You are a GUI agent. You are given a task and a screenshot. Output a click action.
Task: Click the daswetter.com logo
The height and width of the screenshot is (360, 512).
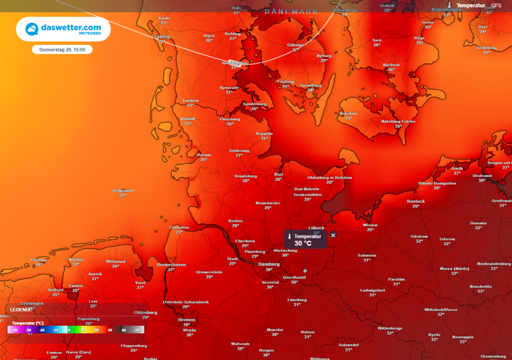click(x=63, y=29)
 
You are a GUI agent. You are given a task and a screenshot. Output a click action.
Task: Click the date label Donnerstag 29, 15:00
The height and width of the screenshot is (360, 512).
click(x=62, y=49)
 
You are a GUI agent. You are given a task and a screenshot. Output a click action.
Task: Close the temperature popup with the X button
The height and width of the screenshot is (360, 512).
click(x=333, y=235)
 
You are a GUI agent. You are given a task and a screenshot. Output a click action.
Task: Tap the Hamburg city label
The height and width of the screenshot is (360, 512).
click(x=268, y=264)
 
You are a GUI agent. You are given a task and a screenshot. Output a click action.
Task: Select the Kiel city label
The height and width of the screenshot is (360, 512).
click(x=278, y=174)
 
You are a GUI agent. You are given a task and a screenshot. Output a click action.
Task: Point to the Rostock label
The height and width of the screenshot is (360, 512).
click(x=415, y=201)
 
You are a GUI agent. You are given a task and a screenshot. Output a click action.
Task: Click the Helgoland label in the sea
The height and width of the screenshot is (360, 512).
click(x=122, y=190)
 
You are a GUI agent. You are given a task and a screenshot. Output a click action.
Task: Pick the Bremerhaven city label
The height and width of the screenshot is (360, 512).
click(x=171, y=264)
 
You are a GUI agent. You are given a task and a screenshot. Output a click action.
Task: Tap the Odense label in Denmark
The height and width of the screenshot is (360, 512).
click(x=295, y=44)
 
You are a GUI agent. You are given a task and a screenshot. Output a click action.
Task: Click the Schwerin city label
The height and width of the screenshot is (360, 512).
click(x=367, y=255)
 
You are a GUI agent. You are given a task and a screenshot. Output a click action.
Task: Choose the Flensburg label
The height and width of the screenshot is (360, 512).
click(x=230, y=119)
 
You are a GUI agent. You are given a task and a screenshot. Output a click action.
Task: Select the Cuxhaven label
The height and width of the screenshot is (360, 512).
click(x=179, y=226)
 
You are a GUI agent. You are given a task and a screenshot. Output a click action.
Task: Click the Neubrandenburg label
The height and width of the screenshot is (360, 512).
click(x=494, y=263)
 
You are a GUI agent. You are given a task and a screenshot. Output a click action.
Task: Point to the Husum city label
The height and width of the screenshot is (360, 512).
click(x=203, y=154)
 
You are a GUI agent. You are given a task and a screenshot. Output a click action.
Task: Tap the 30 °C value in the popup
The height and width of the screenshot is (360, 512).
click(x=303, y=243)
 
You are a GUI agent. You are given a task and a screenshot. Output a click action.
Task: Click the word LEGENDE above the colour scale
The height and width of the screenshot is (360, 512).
click(x=20, y=309)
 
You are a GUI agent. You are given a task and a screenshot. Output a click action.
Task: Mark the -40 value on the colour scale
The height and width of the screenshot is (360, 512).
click(x=15, y=330)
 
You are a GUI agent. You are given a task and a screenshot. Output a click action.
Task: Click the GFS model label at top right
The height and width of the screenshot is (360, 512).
click(x=496, y=5)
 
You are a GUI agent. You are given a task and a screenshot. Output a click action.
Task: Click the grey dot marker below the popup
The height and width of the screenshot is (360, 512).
click(x=305, y=270)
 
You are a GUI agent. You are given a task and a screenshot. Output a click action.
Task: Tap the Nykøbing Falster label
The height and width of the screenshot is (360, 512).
click(x=398, y=121)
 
